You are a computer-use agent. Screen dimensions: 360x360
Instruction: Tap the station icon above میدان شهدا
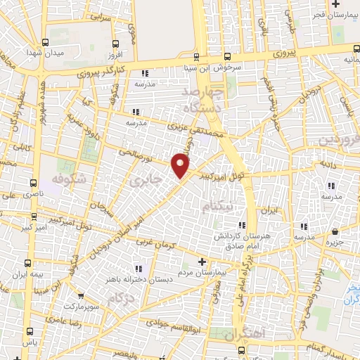tap(46, 42)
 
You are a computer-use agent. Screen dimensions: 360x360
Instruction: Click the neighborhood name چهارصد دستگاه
tap(204, 101)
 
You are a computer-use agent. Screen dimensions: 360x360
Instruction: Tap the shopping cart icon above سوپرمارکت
tap(81, 296)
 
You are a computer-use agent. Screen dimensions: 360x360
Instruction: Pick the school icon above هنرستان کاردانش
tap(303, 226)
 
